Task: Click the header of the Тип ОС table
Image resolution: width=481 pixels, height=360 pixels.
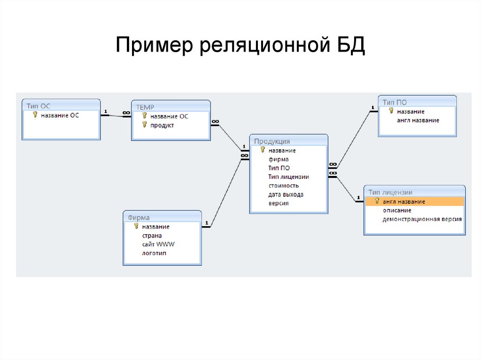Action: (x=39, y=107)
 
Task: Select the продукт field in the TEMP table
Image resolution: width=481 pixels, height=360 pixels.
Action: (x=162, y=125)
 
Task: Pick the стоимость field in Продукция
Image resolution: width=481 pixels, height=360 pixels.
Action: (x=283, y=186)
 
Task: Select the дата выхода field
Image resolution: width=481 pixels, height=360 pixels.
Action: (x=286, y=195)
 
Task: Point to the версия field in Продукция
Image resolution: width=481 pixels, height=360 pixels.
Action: (x=279, y=203)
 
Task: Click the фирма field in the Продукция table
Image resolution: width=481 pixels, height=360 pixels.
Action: (x=279, y=160)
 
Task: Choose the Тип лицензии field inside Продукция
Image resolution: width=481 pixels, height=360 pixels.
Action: (x=288, y=177)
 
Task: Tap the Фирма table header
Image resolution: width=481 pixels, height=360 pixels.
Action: (x=139, y=217)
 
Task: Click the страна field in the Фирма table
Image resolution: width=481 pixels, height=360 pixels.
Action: (x=152, y=236)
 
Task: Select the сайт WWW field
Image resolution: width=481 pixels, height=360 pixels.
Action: (x=158, y=245)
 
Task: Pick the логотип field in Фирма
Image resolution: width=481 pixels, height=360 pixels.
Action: (x=154, y=253)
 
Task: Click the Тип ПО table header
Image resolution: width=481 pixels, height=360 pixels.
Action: (x=395, y=102)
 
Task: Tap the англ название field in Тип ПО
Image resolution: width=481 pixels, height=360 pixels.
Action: (x=418, y=120)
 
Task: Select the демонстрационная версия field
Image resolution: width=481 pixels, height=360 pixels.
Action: (x=422, y=219)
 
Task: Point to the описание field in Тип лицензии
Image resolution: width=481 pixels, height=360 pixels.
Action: (x=396, y=210)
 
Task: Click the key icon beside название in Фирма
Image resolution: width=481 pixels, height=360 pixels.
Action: (x=136, y=226)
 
